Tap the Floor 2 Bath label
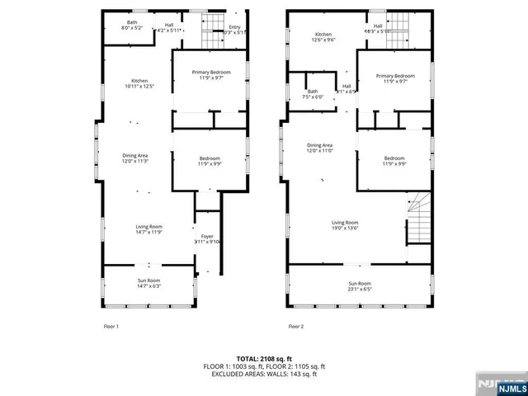[313, 92]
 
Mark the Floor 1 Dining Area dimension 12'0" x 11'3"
[136, 161]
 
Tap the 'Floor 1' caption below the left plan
[111, 327]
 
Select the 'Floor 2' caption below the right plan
[295, 327]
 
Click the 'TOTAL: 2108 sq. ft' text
[264, 358]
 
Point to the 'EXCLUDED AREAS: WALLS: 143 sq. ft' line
[264, 374]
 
